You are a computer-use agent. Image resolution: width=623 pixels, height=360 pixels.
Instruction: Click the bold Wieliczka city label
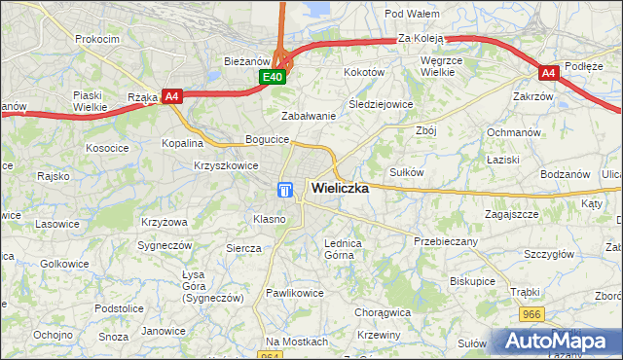pos(339,189)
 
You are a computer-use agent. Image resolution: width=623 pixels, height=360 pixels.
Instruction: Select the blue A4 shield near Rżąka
pos(171,95)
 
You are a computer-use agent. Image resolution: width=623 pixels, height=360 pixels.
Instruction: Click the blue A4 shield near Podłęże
pos(549,72)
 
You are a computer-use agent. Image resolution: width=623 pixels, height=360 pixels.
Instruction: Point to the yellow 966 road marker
pos(531,314)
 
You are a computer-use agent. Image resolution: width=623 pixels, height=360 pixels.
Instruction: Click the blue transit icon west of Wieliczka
pos(285,190)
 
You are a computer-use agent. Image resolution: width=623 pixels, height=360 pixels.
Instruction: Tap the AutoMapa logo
pos(557,342)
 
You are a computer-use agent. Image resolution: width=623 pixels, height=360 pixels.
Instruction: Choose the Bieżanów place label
pos(238,60)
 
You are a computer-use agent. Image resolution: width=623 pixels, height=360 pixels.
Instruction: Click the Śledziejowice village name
pos(381,104)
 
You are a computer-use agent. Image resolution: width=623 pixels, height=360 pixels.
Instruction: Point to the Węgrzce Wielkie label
pos(447,65)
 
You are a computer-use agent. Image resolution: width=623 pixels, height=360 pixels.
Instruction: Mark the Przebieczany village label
pos(445,241)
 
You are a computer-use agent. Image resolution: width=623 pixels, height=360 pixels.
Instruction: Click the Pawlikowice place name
pos(295,293)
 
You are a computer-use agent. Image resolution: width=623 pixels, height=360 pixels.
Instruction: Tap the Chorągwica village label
pos(384,313)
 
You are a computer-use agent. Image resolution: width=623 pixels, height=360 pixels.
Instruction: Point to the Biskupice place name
pos(474,280)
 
